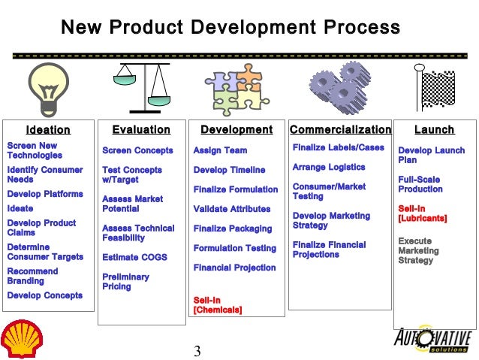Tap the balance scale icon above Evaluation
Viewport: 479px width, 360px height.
(143, 86)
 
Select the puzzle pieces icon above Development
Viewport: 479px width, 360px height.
(236, 88)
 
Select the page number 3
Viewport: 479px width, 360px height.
(197, 351)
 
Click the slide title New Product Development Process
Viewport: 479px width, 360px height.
(230, 29)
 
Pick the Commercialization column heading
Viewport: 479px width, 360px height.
(340, 130)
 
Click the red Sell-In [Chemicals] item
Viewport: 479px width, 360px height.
(218, 304)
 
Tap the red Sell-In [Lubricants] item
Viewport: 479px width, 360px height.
(423, 213)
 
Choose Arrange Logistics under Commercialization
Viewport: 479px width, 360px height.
(329, 167)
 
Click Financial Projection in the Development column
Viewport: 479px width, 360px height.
(234, 268)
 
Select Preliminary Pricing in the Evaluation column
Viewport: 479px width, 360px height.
(125, 281)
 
